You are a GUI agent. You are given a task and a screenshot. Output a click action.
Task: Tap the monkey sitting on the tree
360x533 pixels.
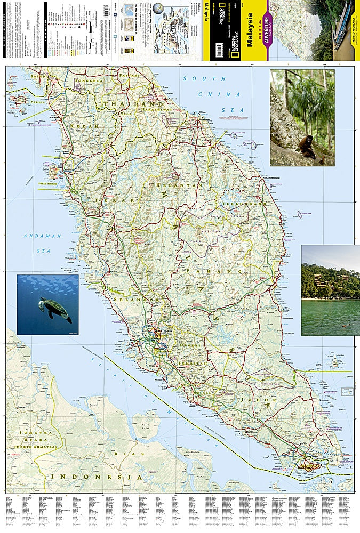click(307, 147)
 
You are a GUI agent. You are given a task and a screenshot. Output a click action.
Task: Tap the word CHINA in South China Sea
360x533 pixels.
click(219, 94)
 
